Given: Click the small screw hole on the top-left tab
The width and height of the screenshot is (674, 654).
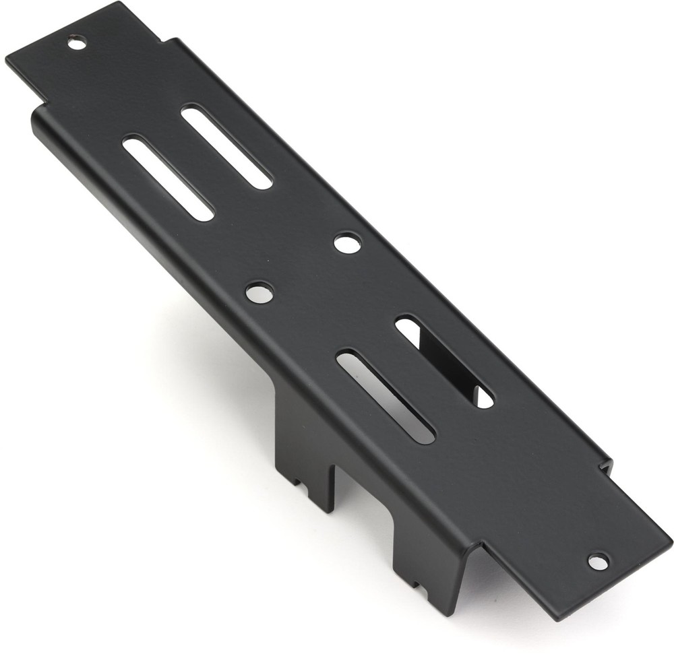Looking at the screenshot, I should point(77,43).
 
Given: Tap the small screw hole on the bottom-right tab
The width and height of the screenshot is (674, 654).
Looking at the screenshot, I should point(597,560).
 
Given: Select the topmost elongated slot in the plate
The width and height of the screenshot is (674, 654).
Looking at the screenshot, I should point(226,146).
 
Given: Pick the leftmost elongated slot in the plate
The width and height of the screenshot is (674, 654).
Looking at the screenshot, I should point(168,178).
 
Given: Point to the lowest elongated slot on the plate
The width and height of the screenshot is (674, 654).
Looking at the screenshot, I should point(386,397).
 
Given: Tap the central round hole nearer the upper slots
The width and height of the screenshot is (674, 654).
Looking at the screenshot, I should point(347,242).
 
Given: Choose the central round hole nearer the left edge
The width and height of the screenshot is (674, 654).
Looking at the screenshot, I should point(259,292).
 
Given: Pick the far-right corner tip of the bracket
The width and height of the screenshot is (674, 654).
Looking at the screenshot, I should point(671,539).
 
